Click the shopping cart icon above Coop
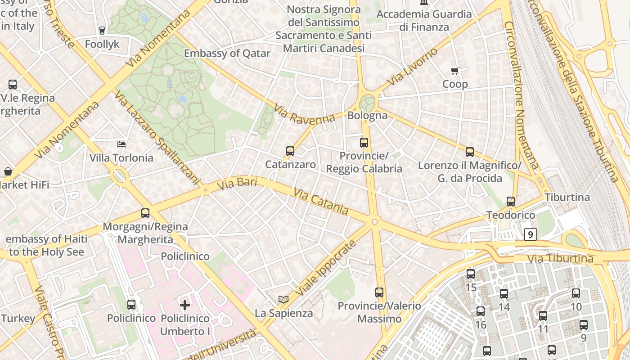click(x=455, y=71)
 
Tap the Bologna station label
click(x=367, y=115)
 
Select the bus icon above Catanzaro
click(x=290, y=151)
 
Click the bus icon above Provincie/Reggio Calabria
click(x=364, y=143)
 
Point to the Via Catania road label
click(x=321, y=202)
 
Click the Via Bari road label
click(x=237, y=184)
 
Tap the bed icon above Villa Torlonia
click(x=121, y=144)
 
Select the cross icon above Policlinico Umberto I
click(x=185, y=305)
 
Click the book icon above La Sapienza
click(x=283, y=299)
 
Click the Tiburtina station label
click(x=567, y=197)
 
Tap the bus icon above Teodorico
click(x=511, y=202)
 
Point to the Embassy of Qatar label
click(x=227, y=53)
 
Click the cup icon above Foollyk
click(x=102, y=31)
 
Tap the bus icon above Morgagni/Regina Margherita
click(x=145, y=213)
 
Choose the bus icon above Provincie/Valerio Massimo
click(x=379, y=292)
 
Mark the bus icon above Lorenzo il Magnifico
click(x=470, y=152)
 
